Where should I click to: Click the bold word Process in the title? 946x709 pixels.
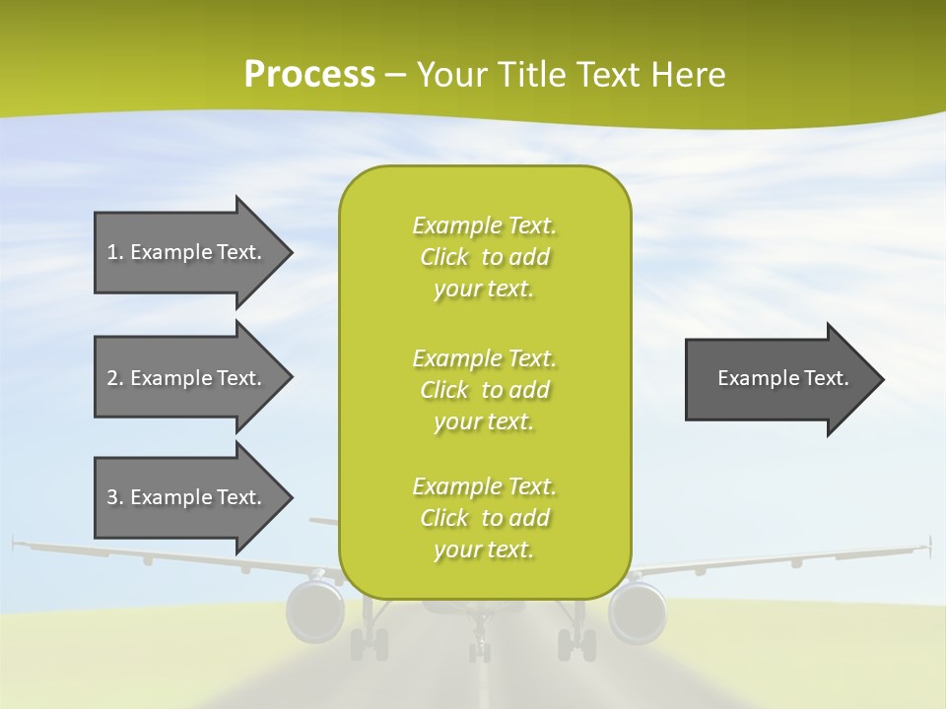309,75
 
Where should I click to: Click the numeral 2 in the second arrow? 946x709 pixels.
112,378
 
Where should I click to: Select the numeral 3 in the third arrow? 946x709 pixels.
112,497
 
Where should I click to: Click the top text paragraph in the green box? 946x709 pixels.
484,257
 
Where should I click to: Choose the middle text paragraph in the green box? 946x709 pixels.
484,390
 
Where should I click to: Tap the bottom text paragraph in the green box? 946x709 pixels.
484,518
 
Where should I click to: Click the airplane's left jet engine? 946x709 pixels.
314,611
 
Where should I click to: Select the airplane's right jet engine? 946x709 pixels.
638,611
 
